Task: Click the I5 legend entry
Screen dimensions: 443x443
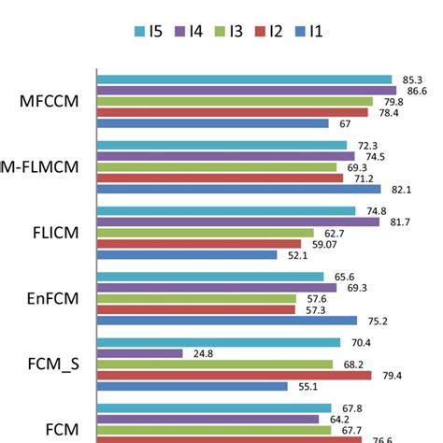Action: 150,31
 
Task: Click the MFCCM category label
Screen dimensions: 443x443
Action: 50,101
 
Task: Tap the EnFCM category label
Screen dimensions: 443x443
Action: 52,299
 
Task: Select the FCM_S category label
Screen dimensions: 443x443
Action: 52,364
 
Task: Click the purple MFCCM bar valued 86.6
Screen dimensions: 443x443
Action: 249,91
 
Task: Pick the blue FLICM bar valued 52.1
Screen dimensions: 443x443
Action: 188,254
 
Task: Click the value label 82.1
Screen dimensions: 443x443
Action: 401,189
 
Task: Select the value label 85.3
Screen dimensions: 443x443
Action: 411,79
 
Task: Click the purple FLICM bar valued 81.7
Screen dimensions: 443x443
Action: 239,221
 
